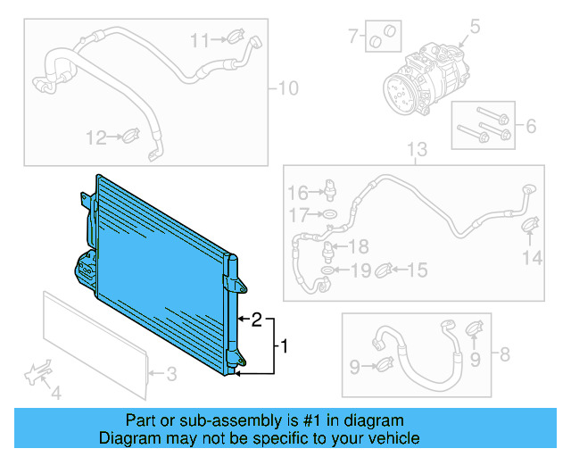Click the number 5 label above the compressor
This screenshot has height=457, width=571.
[475, 24]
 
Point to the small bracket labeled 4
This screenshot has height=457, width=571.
[38, 375]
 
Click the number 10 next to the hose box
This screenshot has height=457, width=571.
[288, 88]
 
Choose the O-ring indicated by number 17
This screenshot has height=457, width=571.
[329, 215]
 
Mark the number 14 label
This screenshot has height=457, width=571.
[532, 259]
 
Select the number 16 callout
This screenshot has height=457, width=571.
[297, 193]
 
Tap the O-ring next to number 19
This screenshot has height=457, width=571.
[329, 269]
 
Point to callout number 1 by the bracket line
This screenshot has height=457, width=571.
[285, 344]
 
